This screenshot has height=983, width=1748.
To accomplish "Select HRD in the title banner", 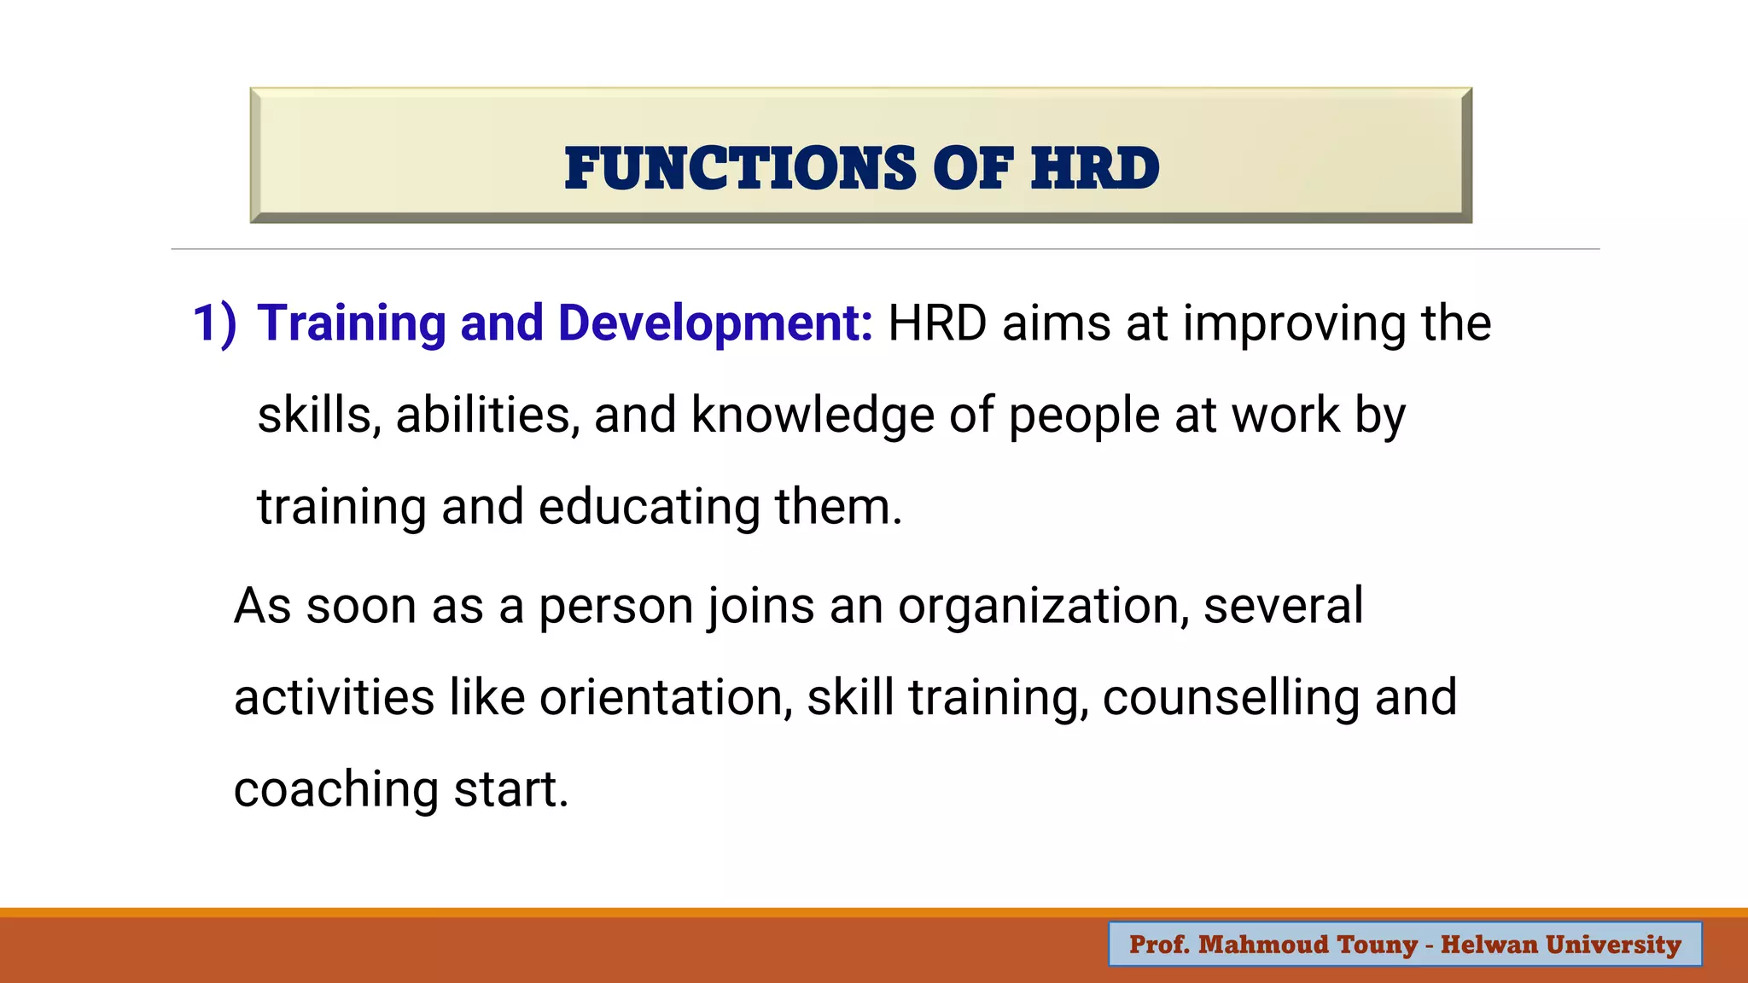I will [x=1095, y=168].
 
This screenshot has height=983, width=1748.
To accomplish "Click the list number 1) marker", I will [x=214, y=324].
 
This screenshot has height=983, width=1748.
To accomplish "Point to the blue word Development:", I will [x=715, y=324].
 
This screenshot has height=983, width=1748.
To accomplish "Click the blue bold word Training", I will [x=352, y=324].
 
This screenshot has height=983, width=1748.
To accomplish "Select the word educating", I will [x=649, y=508].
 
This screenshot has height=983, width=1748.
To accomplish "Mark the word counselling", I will [x=1231, y=698].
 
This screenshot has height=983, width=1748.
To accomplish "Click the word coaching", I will [x=335, y=790].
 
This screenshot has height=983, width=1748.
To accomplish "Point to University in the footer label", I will [x=1613, y=945].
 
